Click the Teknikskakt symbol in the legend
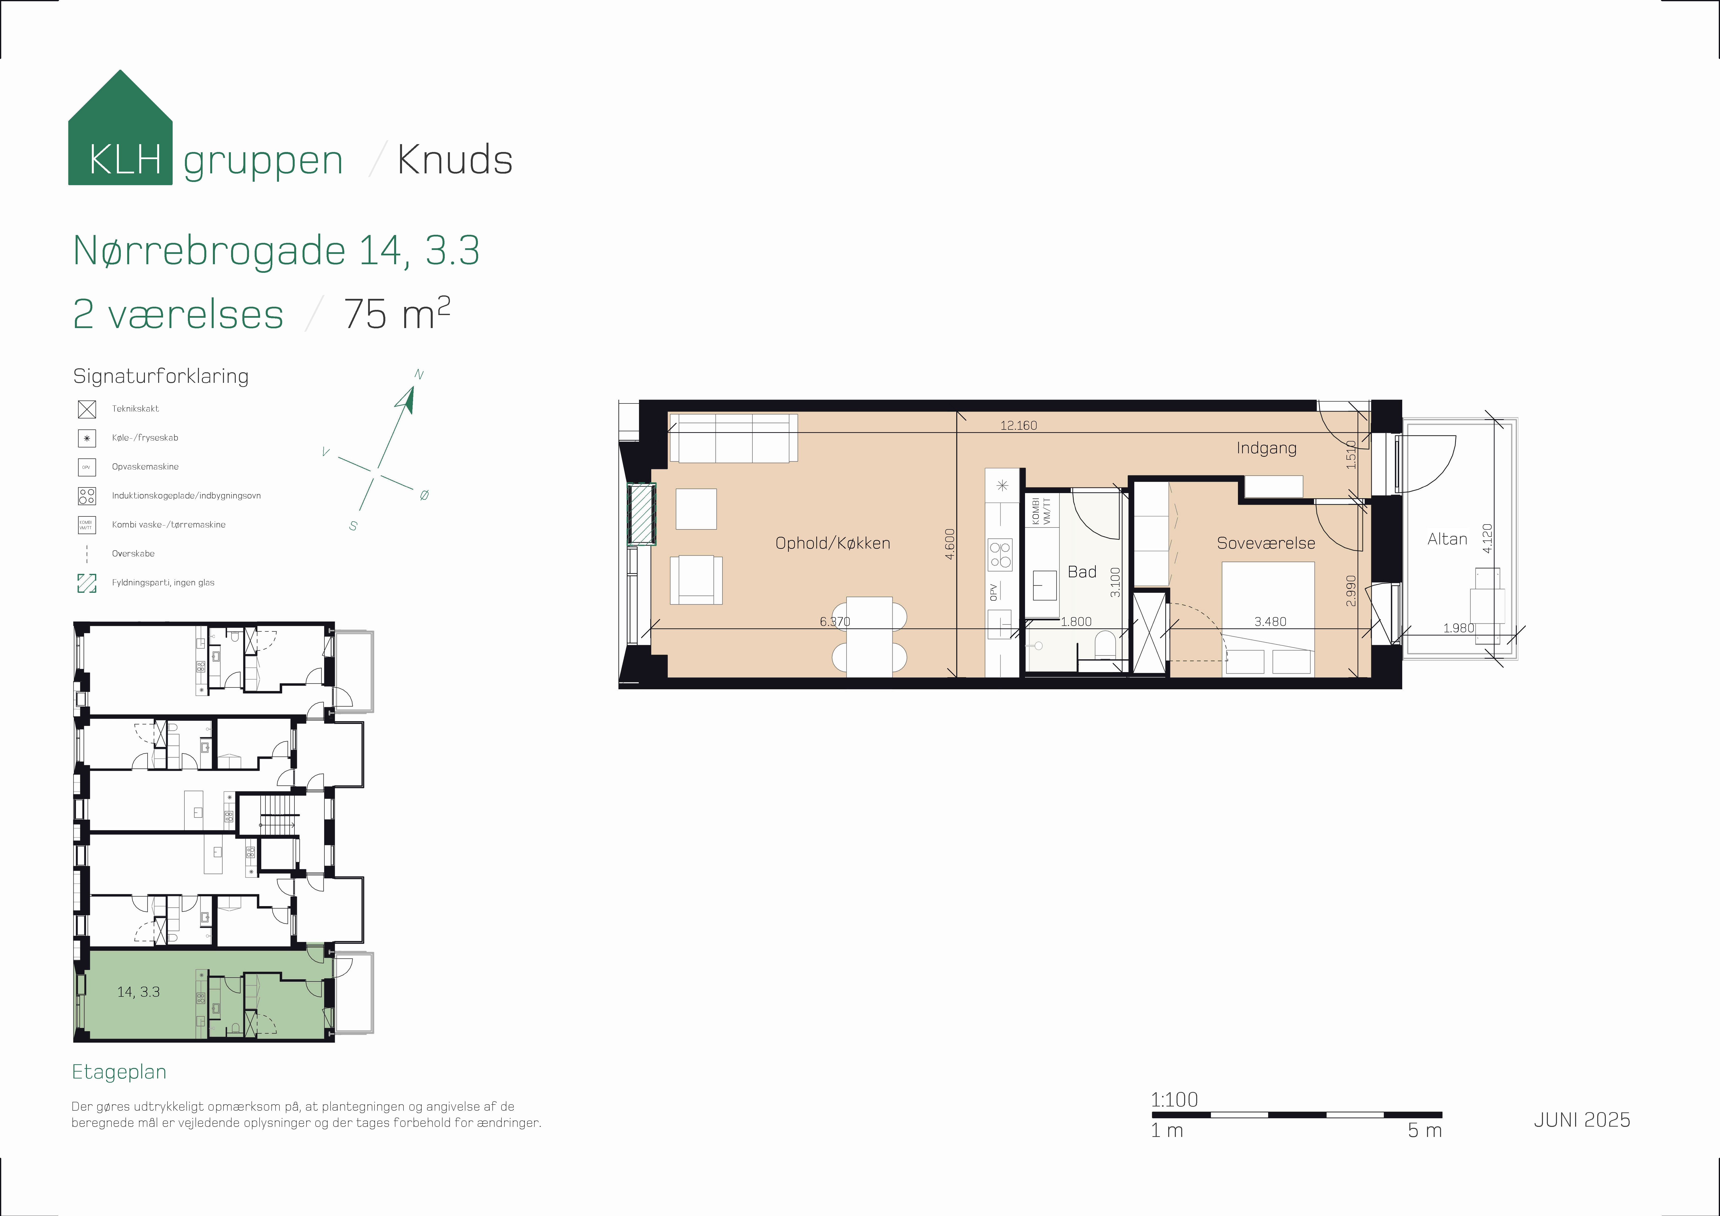tap(87, 409)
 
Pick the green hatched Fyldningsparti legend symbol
tap(87, 583)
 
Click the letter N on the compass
tap(419, 375)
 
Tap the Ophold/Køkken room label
tap(832, 543)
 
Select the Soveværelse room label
tap(1265, 543)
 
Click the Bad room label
tap(1082, 572)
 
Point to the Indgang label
tap(1266, 448)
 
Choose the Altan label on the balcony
tap(1447, 539)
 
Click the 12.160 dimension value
tap(1018, 426)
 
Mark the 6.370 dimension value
tap(834, 621)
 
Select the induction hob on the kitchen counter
tap(1000, 555)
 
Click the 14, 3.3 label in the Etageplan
tap(139, 992)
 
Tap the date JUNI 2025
tap(1581, 1119)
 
